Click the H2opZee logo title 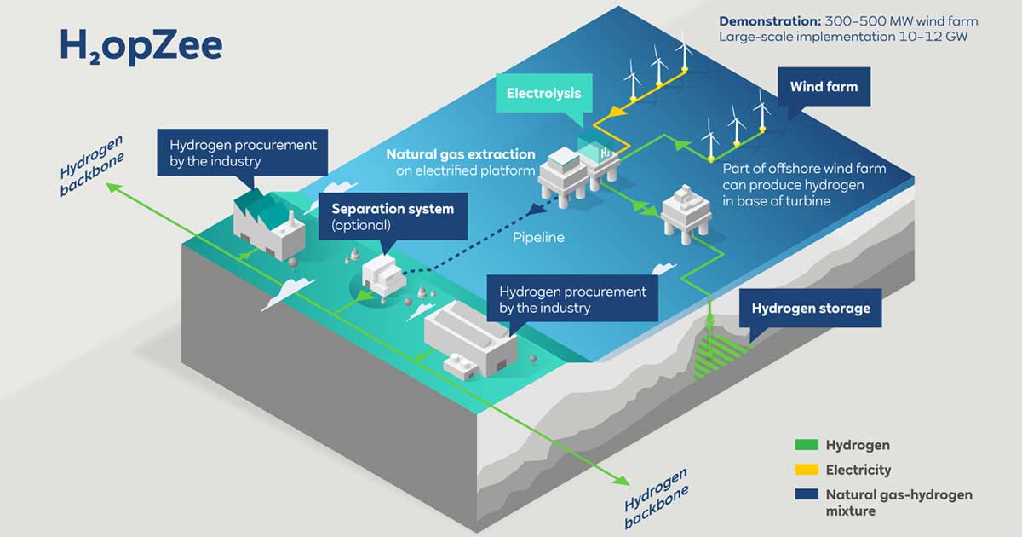pos(141,46)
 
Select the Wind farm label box pos(823,87)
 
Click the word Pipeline pos(538,238)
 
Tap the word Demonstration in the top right pos(769,20)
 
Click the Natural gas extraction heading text pos(460,155)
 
